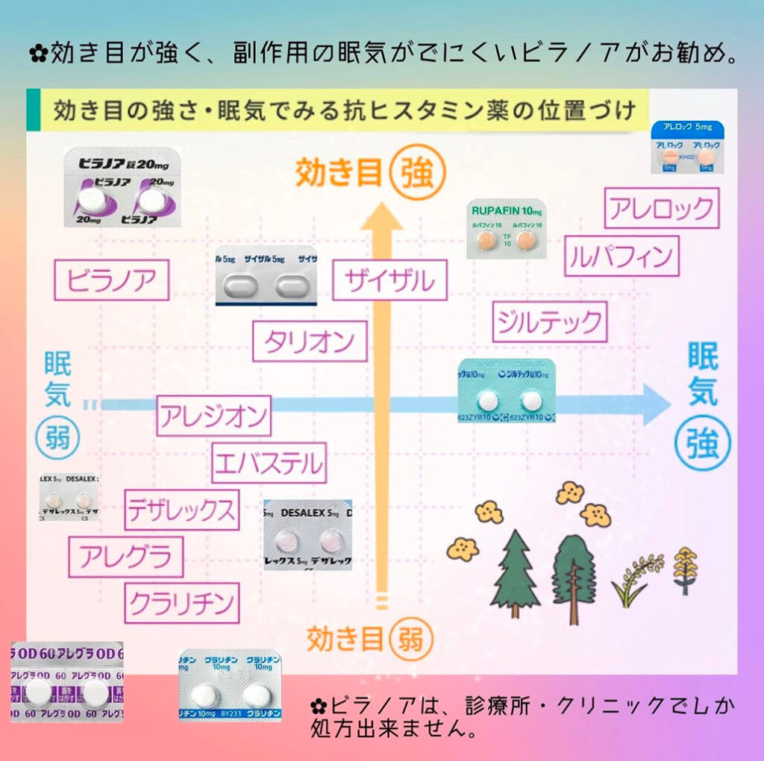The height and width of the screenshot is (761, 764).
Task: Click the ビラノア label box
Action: tap(112, 280)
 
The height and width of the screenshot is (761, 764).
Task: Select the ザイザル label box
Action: tap(390, 280)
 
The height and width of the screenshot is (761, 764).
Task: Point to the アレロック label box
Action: tap(662, 208)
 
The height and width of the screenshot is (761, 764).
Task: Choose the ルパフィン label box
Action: tap(621, 256)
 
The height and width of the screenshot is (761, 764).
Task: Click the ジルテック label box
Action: tap(550, 322)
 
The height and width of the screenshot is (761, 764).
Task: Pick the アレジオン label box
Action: tap(214, 416)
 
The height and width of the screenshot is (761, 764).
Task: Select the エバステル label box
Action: tap(269, 463)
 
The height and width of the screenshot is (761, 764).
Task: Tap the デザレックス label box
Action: tap(182, 511)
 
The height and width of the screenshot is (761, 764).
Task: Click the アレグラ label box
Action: tap(125, 557)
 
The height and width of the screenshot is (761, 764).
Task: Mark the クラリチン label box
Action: tap(182, 602)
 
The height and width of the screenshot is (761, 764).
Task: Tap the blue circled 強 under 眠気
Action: tap(703, 443)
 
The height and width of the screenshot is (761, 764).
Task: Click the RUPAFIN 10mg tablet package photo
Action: tap(506, 229)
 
